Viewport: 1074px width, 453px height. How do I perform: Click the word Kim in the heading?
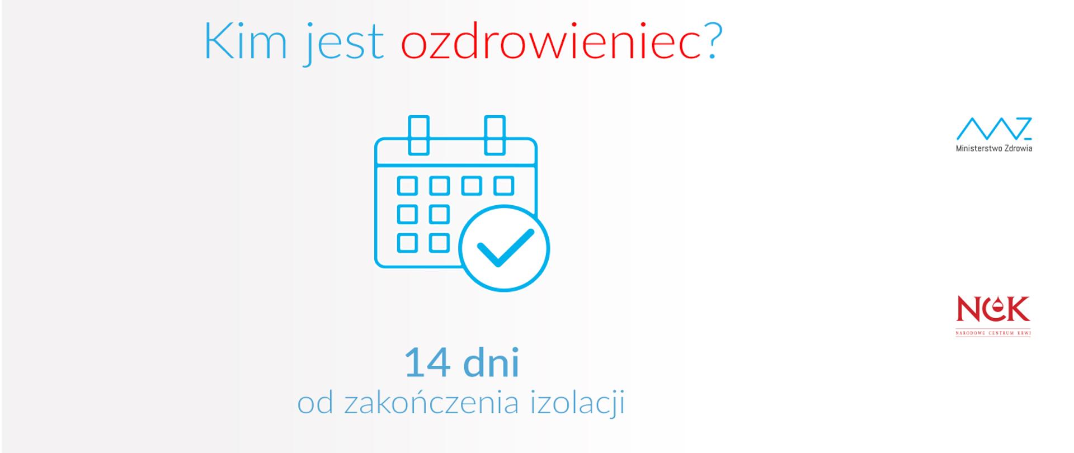click(245, 42)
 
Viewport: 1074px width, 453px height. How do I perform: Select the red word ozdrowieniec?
click(551, 42)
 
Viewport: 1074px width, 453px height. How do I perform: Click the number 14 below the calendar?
click(427, 363)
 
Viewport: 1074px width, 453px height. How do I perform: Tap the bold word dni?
click(492, 363)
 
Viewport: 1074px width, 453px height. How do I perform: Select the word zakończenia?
click(431, 403)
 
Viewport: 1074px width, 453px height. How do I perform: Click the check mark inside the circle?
click(505, 248)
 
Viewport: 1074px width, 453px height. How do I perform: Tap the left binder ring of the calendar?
click(418, 135)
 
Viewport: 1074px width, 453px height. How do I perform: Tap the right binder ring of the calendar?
click(494, 135)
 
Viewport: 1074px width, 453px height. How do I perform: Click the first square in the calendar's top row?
click(407, 186)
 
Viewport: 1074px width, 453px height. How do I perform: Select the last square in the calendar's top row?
click(503, 186)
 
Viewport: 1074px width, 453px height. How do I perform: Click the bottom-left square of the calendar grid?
click(407, 243)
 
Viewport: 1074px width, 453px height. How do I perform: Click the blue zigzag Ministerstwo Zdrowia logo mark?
click(993, 129)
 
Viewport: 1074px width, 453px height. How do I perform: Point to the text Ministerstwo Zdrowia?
click(994, 149)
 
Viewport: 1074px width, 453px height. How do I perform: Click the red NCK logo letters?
click(993, 309)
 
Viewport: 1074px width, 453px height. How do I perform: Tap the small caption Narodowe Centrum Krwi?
click(993, 333)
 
